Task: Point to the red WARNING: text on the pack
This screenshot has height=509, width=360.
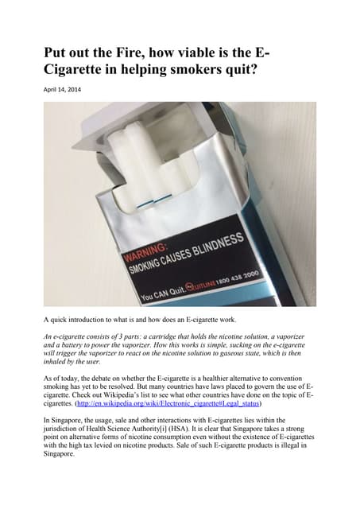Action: (x=153, y=251)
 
